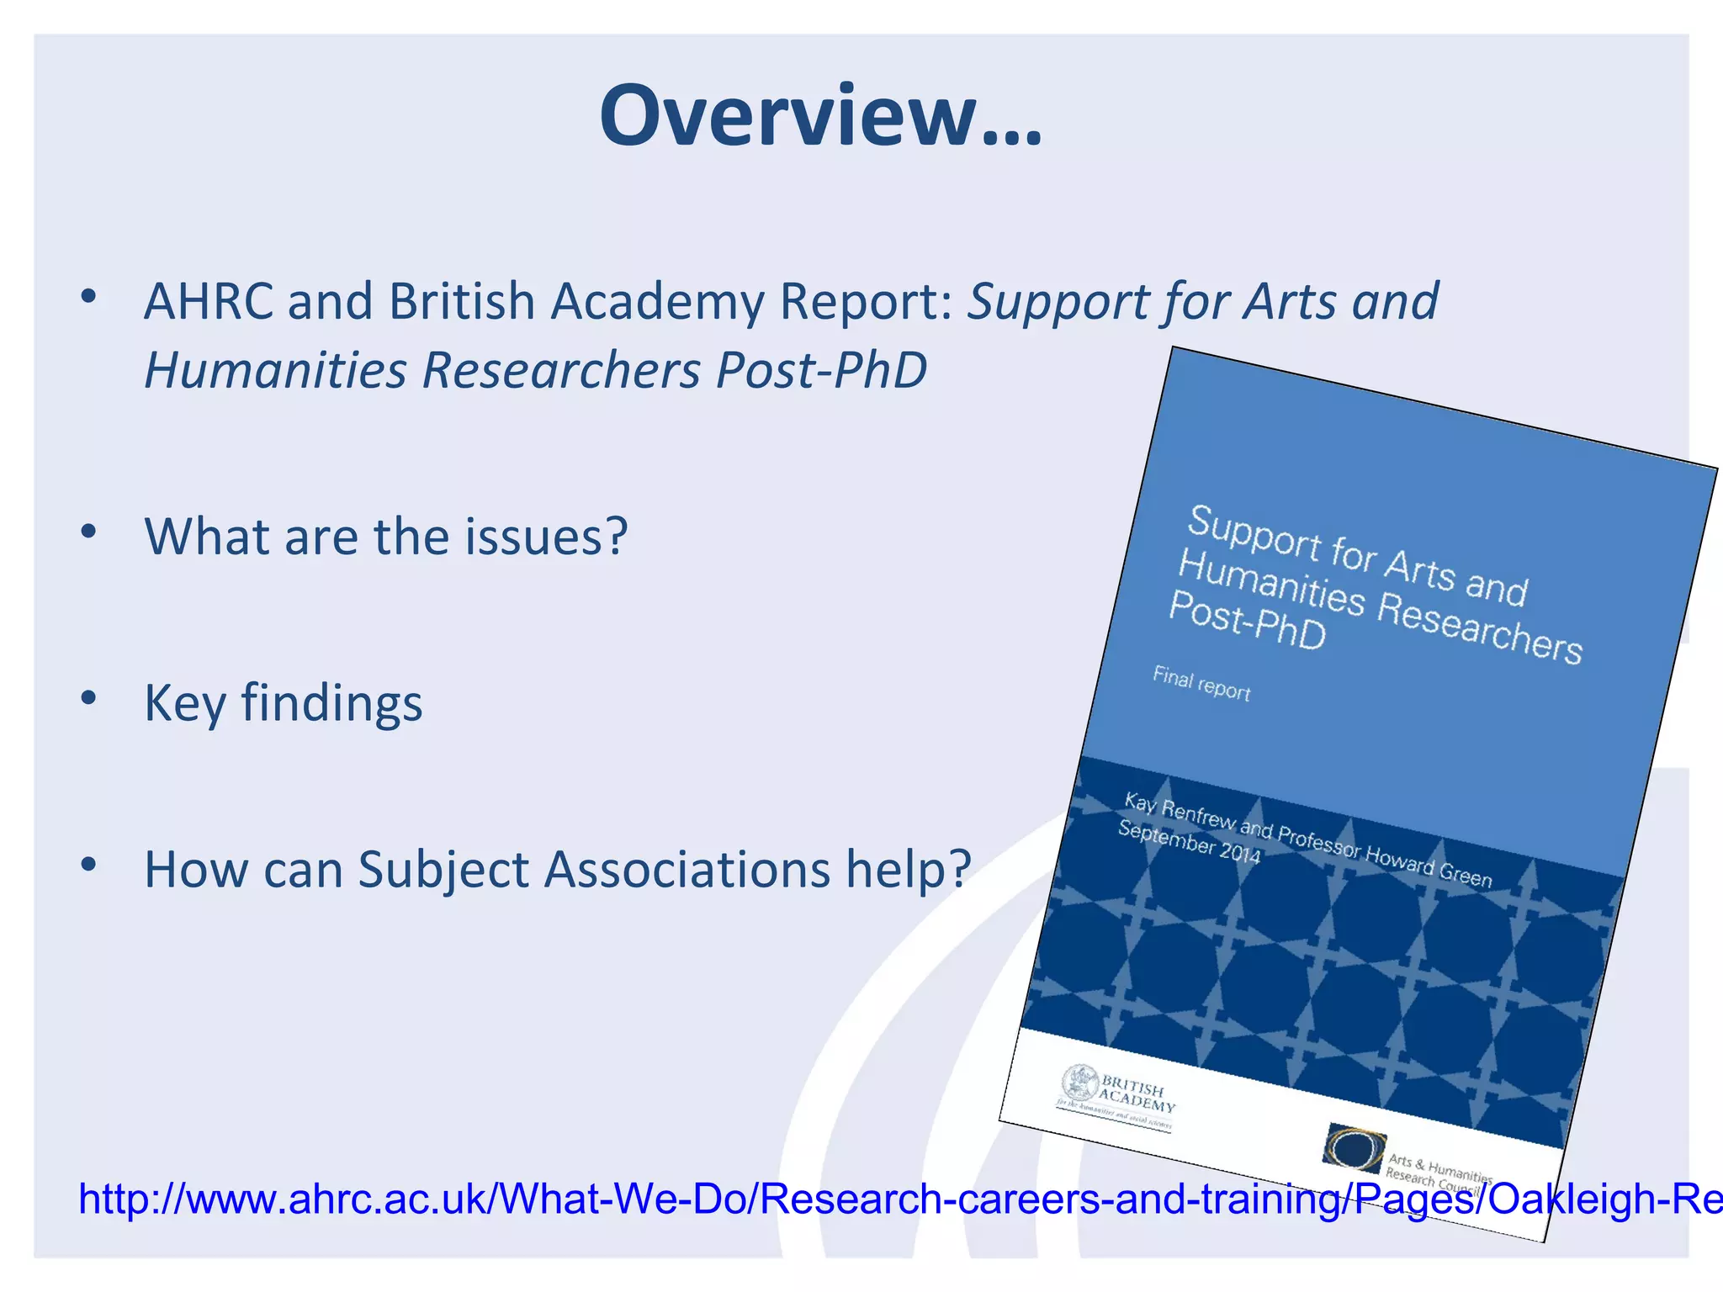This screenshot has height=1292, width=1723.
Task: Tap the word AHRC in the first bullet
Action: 209,301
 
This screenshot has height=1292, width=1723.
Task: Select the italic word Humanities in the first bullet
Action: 275,370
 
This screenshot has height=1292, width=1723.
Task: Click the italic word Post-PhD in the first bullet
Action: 821,370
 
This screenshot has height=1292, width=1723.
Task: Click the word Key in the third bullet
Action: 184,703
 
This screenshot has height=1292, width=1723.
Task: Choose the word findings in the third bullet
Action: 331,703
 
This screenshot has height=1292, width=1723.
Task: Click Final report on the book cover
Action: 1201,684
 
